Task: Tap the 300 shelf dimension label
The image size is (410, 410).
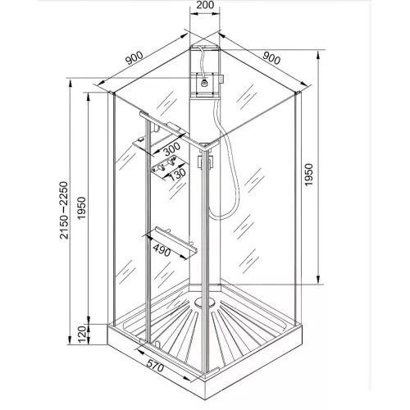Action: pyautogui.click(x=171, y=150)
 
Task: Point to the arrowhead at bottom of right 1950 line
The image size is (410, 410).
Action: pyautogui.click(x=317, y=281)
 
